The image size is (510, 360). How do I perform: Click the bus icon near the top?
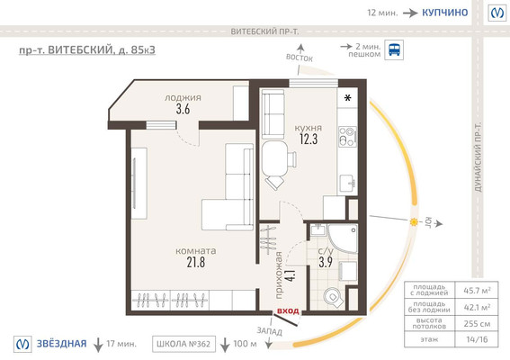click(394, 49)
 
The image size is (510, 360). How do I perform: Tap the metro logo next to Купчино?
click(497, 13)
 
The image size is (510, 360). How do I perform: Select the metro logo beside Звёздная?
click(22, 344)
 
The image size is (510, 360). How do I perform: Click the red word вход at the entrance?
click(288, 310)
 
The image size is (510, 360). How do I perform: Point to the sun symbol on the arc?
click(414, 222)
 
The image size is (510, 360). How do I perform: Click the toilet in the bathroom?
click(333, 297)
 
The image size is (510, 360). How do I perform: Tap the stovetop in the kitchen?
click(347, 137)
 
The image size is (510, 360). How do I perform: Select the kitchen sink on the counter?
click(348, 184)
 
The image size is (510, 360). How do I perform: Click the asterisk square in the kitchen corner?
click(348, 97)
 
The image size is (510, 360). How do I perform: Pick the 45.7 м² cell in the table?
click(477, 291)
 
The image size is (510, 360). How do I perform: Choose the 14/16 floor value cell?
click(477, 339)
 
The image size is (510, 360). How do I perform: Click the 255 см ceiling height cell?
click(477, 323)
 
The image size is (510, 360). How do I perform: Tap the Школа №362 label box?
click(183, 344)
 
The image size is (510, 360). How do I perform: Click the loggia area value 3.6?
click(183, 109)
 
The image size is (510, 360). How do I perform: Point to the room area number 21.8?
click(196, 262)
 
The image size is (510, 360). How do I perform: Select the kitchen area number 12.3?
click(309, 139)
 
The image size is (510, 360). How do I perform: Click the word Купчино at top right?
click(444, 13)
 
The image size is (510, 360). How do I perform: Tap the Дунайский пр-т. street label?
click(478, 157)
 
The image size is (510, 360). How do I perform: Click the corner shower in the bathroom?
click(343, 238)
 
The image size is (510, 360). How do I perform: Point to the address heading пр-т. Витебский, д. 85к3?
click(87, 50)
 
